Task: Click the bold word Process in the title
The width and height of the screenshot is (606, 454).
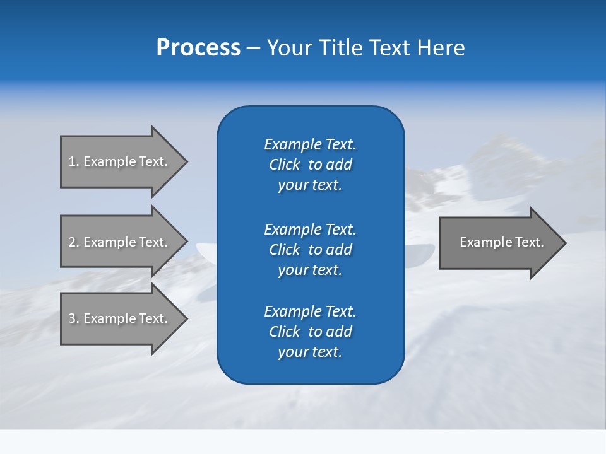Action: [x=198, y=48]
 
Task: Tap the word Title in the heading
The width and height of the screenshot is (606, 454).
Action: [x=339, y=48]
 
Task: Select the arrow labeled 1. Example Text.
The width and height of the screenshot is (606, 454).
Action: [x=120, y=161]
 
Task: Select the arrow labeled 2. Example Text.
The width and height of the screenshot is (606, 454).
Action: [x=120, y=242]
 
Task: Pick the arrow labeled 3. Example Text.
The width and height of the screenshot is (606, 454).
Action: [x=120, y=318]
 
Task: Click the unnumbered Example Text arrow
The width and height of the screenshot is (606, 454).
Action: [x=499, y=242]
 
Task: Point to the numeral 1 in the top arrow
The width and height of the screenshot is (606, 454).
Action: [x=72, y=161]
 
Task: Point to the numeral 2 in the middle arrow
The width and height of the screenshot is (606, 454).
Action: [x=72, y=242]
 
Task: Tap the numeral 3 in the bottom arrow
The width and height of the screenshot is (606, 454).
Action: [x=72, y=318]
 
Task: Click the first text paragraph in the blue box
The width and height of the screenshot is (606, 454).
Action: [x=310, y=165]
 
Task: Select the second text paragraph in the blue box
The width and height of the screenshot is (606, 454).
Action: [x=310, y=250]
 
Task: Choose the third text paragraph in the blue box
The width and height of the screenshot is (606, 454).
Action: [x=310, y=332]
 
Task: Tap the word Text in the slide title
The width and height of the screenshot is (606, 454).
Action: [x=388, y=48]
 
